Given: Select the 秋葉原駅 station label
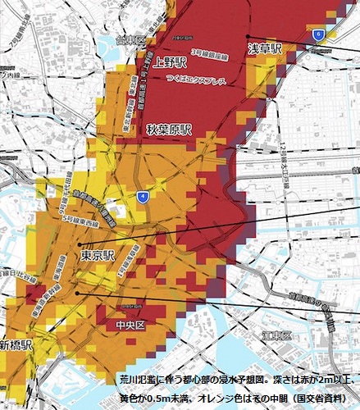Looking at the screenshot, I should coord(169,130).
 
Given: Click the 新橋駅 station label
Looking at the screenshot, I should coord(16,344).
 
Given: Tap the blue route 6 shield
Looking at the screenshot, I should coord(317,34).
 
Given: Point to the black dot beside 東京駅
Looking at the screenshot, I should coord(80,244).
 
